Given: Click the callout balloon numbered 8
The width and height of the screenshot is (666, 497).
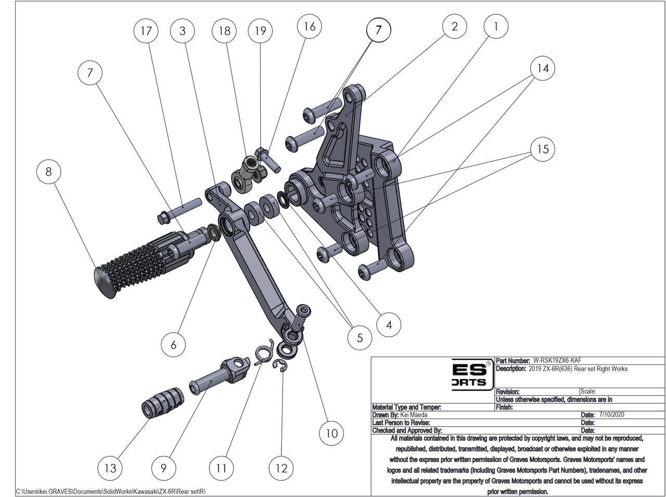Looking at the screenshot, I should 49,171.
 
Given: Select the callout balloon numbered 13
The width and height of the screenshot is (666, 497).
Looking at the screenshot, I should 110,467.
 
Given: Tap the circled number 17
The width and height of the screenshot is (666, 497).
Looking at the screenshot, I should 146,31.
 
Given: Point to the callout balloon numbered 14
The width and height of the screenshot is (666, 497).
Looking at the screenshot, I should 543,68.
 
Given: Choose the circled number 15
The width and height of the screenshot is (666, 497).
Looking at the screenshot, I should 543,149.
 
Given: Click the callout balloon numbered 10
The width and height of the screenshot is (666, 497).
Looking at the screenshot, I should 332,433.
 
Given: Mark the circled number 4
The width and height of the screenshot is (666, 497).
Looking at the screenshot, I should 389,325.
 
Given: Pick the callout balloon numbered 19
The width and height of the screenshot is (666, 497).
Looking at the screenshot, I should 260,31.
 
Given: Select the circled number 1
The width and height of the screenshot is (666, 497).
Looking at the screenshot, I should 496,26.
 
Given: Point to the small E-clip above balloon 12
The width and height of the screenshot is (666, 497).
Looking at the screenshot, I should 283,368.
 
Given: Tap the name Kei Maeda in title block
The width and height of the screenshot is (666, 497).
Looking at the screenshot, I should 414,415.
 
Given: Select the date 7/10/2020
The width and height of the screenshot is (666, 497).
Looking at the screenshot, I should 612,415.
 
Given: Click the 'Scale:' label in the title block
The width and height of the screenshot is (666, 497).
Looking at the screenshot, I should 588,391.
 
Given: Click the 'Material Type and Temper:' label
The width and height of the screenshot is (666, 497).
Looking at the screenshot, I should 406,407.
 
